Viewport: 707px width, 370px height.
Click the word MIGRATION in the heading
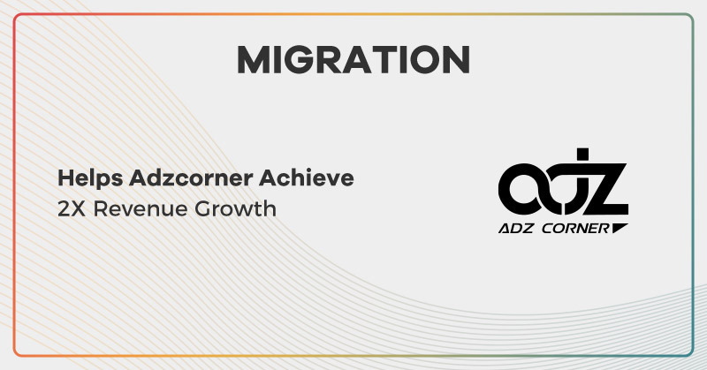(353, 59)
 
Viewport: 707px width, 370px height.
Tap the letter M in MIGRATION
(255, 59)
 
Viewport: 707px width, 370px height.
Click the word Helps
(84, 178)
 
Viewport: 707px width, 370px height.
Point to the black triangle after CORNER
(620, 228)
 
